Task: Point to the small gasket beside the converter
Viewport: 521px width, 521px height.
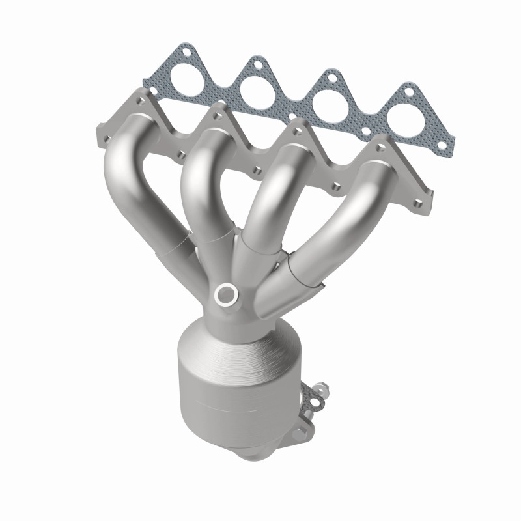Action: (315, 401)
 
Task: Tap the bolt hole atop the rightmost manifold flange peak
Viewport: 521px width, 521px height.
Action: (374, 145)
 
